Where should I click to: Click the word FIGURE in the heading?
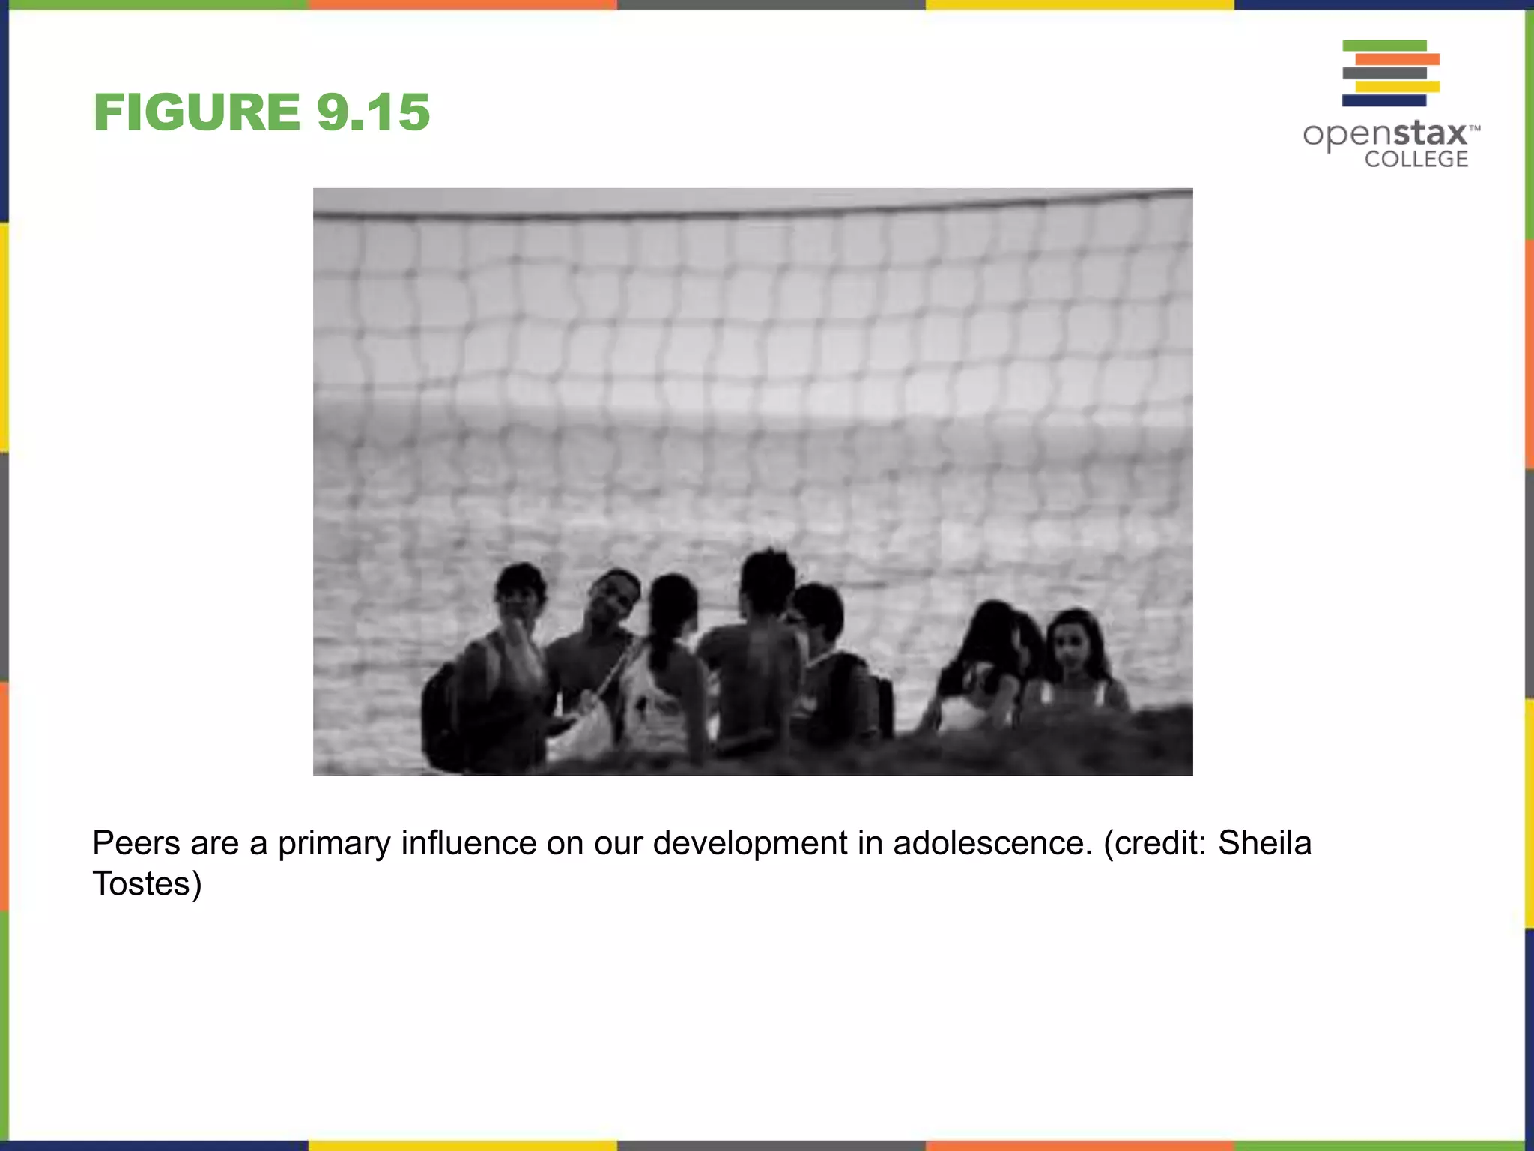coord(196,112)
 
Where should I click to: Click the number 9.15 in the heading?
coord(373,112)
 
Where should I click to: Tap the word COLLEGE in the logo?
coord(1416,159)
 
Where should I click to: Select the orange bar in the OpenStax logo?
coord(1397,59)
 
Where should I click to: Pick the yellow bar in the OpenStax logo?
coord(1397,87)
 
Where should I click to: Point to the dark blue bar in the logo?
coord(1383,100)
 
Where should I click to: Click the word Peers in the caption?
coord(136,843)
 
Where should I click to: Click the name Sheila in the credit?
coord(1264,843)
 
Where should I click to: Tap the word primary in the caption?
coord(334,843)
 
